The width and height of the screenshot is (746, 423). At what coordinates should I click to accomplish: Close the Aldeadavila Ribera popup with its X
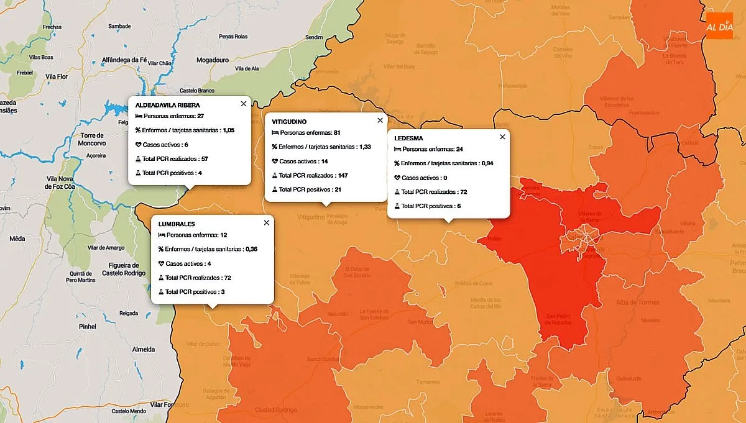[243, 104]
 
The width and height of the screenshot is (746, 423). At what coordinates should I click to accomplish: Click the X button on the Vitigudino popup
[380, 121]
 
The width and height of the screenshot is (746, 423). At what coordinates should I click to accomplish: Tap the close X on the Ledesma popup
[502, 137]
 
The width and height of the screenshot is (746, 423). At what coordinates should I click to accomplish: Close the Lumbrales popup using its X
[267, 222]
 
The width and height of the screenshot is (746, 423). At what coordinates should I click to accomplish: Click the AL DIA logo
[719, 26]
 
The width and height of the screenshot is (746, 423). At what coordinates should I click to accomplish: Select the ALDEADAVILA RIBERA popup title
[167, 105]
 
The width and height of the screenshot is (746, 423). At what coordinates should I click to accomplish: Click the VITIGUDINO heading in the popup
[289, 122]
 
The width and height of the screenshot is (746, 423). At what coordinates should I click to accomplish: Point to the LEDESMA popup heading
[408, 138]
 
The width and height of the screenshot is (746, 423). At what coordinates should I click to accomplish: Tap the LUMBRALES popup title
[177, 224]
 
